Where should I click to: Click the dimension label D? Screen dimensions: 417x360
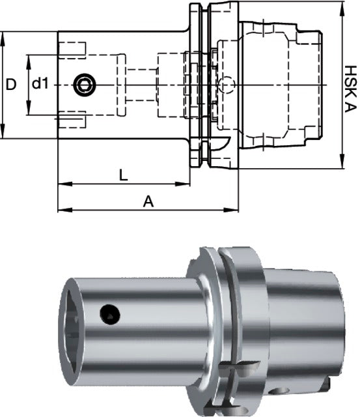(x=10, y=84)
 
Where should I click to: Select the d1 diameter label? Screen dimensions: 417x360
(x=40, y=84)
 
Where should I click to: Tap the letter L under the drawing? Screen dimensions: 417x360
(x=123, y=175)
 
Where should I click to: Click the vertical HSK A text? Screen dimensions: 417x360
(x=351, y=85)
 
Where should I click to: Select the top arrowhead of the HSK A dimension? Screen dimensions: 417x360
(x=341, y=6)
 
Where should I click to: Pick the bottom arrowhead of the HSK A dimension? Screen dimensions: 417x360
(x=341, y=165)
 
